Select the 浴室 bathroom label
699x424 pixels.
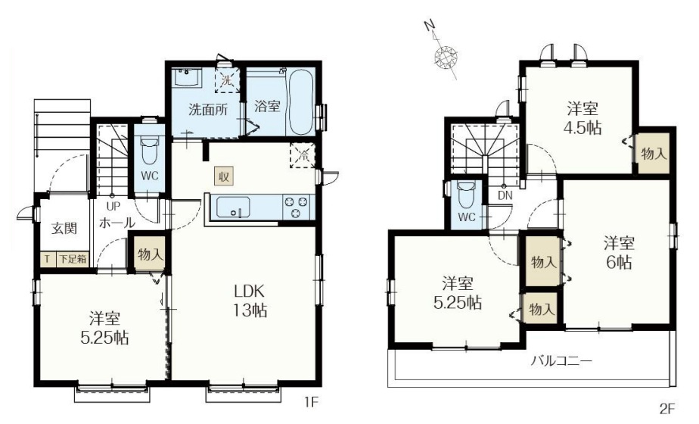(x=267, y=106)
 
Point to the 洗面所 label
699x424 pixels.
(x=207, y=108)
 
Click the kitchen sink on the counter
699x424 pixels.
(x=230, y=206)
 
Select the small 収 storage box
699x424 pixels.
(x=224, y=176)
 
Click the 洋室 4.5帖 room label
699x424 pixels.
(x=581, y=117)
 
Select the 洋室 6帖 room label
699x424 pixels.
(x=618, y=254)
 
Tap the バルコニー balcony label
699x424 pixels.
(x=561, y=360)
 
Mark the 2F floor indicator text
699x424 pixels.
(x=666, y=409)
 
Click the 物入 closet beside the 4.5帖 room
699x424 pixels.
(x=654, y=153)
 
